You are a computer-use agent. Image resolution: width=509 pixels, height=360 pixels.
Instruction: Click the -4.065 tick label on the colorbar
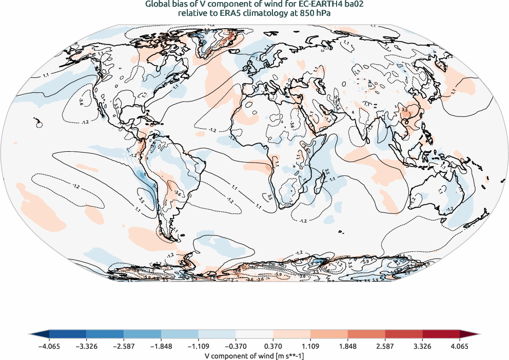click(49, 346)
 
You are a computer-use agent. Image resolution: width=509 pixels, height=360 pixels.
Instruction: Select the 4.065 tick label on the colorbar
click(460, 346)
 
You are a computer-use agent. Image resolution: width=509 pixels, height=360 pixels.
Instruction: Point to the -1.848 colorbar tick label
click(161, 346)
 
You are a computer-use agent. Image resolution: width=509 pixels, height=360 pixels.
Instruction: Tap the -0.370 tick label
click(236, 346)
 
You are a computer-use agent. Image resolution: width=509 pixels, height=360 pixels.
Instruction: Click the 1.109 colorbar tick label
click(310, 346)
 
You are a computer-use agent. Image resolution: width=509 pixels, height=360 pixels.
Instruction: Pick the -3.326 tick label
click(86, 346)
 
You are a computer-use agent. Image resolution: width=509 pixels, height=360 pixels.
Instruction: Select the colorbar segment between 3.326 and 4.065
click(441, 334)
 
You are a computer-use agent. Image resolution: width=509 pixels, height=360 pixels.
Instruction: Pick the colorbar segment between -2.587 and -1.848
click(142, 334)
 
